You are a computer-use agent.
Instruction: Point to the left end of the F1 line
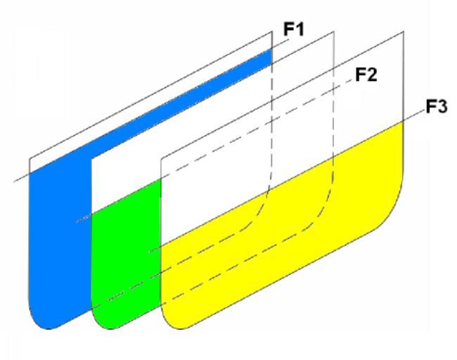pos(15,182)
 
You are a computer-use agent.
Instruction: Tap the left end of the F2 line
pos(77,221)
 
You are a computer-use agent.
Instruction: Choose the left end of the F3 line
pos(148,251)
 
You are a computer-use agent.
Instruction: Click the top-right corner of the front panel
pos(404,32)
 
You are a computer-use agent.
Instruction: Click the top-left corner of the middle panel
pos(92,157)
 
